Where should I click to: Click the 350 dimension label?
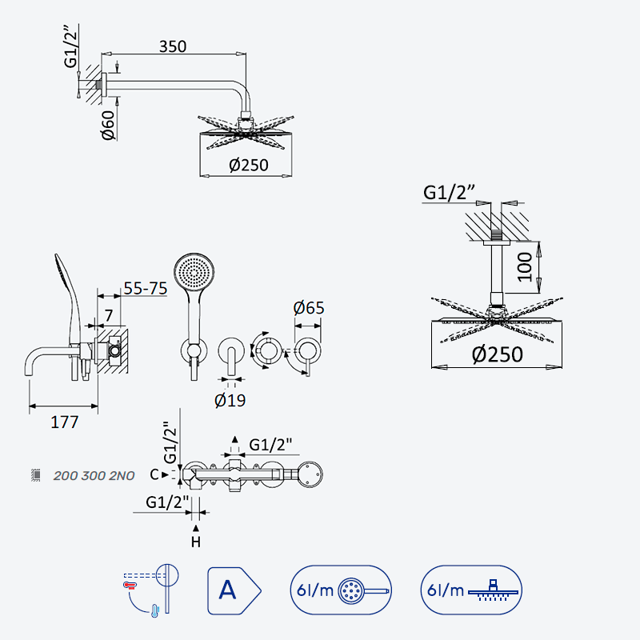pyautogui.click(x=173, y=46)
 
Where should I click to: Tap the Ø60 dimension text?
pyautogui.click(x=109, y=126)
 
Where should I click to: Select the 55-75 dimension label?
pyautogui.click(x=146, y=288)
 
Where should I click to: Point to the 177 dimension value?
pyautogui.click(x=65, y=422)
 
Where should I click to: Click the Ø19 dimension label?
pyautogui.click(x=230, y=401)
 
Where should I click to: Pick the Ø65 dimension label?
pyautogui.click(x=309, y=308)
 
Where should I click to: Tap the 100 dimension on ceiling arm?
pyautogui.click(x=525, y=267)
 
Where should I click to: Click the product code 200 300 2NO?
pyautogui.click(x=94, y=476)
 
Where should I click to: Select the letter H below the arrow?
pyautogui.click(x=196, y=542)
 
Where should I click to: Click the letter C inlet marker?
pyautogui.click(x=154, y=474)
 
